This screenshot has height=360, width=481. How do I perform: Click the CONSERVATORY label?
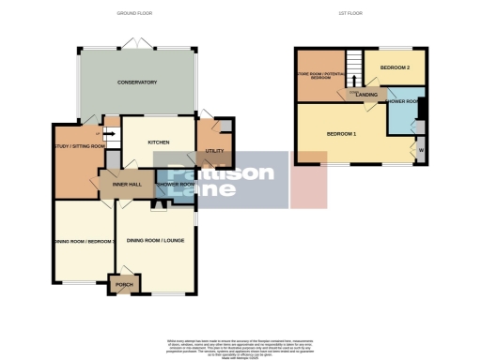pos(137,82)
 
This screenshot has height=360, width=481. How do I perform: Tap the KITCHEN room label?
pos(158,141)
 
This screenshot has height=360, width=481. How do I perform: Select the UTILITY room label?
pos(214,151)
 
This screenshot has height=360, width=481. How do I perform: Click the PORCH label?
pos(124,283)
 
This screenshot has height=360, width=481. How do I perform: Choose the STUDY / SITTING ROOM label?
pos(79,146)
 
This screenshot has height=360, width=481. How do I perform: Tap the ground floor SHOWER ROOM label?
pos(176,185)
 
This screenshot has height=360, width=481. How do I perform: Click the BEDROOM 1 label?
pos(341,134)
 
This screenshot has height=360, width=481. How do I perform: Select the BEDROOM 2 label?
pos(396,67)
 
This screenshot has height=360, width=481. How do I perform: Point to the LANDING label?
pos(366,94)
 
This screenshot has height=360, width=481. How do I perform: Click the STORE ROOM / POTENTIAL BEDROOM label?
pos(319,75)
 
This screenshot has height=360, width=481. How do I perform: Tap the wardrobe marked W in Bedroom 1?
pos(420,150)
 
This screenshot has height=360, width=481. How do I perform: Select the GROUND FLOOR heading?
pos(134,14)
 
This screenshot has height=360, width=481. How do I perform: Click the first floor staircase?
pos(355,66)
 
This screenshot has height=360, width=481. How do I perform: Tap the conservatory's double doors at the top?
pos(137,44)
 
